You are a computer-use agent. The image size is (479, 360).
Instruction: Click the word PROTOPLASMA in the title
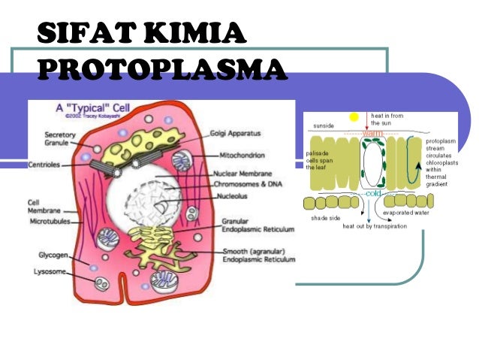tap(161, 69)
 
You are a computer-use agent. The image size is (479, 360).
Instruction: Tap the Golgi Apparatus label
tap(236, 133)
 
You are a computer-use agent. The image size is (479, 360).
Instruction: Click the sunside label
tap(324, 126)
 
